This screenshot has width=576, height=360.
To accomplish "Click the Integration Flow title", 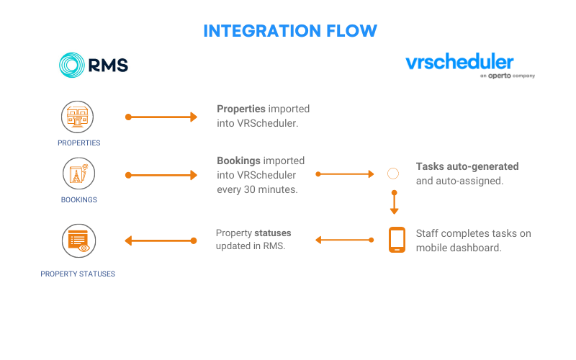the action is (290, 31).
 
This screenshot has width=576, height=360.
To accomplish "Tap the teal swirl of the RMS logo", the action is (71, 65).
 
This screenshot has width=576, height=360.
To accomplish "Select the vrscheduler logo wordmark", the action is (459, 61).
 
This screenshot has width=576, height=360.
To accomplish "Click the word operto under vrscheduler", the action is (499, 76).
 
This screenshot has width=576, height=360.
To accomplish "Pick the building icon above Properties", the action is (77, 117).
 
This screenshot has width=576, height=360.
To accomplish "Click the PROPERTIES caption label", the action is (79, 143).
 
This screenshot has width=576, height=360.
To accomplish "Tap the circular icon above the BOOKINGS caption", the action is (78, 174).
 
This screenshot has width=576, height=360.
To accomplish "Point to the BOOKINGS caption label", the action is (79, 200).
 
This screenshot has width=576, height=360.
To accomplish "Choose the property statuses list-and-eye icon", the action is (78, 240).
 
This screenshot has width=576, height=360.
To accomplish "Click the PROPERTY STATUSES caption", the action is (78, 274).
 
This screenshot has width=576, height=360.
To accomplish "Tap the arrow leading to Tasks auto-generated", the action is (345, 174).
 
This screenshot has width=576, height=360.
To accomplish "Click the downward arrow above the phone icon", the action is (394, 202).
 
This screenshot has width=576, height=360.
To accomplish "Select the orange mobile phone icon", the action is (397, 240).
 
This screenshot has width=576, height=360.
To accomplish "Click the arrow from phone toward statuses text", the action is (345, 240).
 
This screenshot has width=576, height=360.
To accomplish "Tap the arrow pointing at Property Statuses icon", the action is (161, 240).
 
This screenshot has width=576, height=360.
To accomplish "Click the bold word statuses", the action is (273, 233).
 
